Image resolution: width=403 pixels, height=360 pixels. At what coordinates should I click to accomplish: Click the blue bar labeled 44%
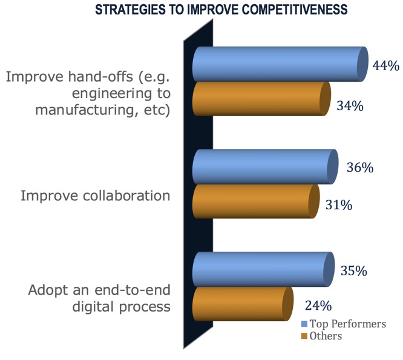[x=280, y=64]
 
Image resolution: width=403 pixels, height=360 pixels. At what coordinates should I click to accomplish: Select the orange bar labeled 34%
[x=261, y=99]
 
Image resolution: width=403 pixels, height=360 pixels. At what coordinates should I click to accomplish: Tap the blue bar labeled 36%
[x=265, y=167]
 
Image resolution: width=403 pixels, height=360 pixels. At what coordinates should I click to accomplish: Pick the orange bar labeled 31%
[x=256, y=201]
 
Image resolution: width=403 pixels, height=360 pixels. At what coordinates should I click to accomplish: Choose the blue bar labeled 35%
[x=263, y=269]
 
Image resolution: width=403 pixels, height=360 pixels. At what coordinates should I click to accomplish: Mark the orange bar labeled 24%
[x=243, y=304]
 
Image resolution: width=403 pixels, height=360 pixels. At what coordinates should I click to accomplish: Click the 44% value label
[x=386, y=65]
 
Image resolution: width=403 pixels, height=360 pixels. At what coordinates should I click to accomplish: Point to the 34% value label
[x=350, y=106]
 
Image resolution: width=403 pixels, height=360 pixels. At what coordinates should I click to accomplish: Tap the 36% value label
[x=360, y=167]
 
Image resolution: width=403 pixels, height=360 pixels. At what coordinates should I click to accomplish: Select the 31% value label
[x=339, y=205]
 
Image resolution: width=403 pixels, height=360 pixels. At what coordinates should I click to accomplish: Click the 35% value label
[x=353, y=271]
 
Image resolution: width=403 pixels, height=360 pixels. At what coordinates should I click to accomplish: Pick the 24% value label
[x=318, y=306]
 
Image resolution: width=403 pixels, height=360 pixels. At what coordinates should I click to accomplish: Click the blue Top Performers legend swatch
[x=304, y=324]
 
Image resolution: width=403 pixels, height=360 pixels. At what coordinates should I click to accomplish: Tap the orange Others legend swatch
[x=304, y=336]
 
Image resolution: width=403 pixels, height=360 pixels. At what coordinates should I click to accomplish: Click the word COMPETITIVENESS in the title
[x=295, y=10]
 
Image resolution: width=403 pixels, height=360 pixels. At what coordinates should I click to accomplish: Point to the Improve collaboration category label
[x=96, y=196]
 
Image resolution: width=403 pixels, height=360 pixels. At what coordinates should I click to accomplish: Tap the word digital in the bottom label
[x=93, y=306]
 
